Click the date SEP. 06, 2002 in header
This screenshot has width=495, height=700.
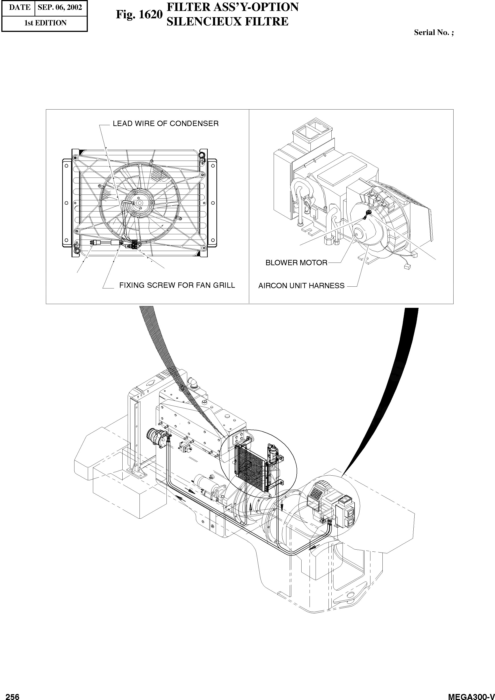(x=60, y=7)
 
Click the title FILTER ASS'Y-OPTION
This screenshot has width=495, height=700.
(x=232, y=7)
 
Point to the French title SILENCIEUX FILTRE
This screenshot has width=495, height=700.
(x=227, y=22)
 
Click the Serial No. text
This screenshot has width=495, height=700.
(x=433, y=33)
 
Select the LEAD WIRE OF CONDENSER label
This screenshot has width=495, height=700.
(x=166, y=124)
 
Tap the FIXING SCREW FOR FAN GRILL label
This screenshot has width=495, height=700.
(x=177, y=285)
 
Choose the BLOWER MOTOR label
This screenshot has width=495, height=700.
(x=296, y=263)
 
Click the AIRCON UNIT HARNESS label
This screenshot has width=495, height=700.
(x=301, y=286)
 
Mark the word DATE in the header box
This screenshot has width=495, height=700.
(x=20, y=7)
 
